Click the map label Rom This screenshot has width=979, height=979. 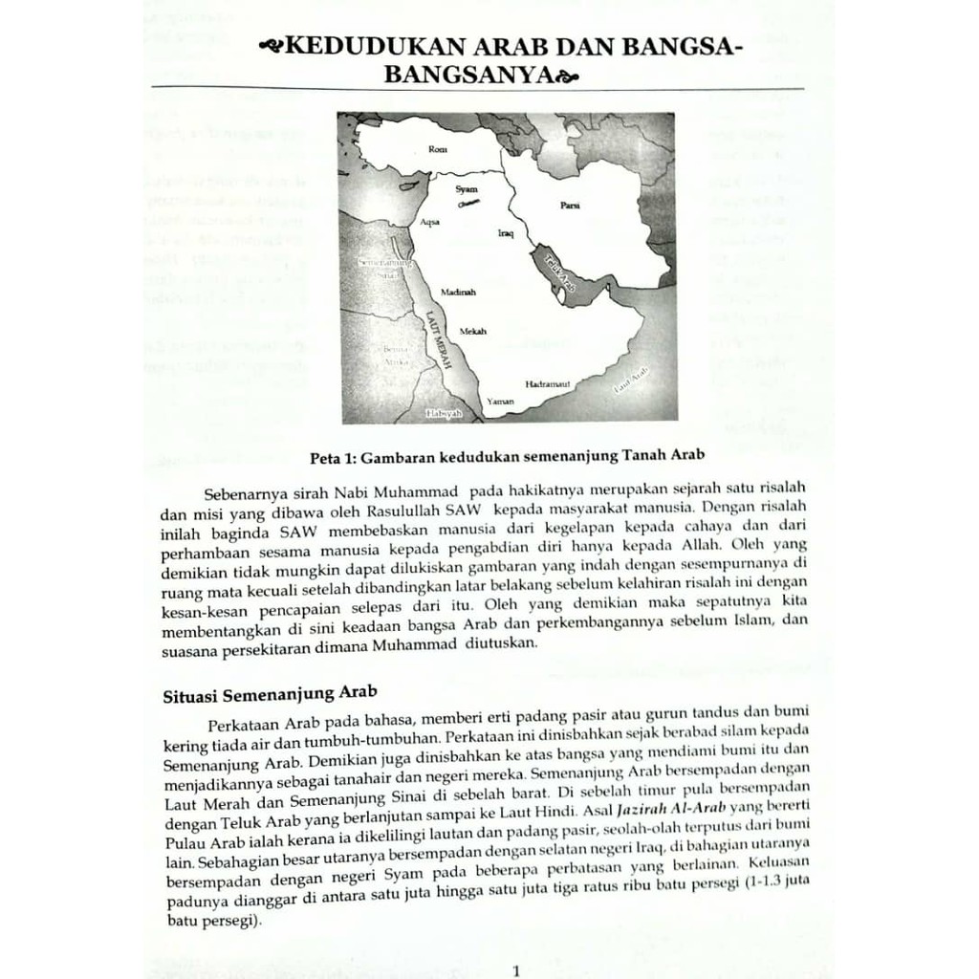point(440,149)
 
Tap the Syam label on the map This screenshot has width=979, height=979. point(467,189)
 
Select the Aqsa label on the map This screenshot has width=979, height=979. point(430,222)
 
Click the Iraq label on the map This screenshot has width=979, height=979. point(507,232)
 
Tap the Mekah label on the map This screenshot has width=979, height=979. point(473,331)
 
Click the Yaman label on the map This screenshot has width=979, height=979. point(501,402)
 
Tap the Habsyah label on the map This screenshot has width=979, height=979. point(443,413)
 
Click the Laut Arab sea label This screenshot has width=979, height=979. point(632,381)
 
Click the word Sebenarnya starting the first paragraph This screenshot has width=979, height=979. point(246,494)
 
